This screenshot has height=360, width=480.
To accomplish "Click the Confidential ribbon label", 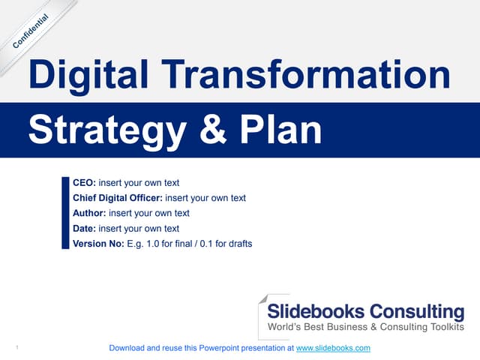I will (x=31, y=32).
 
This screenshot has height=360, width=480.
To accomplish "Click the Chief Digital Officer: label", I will (x=117, y=198).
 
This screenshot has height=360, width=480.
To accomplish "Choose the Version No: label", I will (x=97, y=244).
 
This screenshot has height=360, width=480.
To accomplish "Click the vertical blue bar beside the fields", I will (x=64, y=213).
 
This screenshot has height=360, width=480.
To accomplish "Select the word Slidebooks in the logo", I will (x=317, y=311).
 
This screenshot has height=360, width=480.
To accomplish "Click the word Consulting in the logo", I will (x=418, y=311).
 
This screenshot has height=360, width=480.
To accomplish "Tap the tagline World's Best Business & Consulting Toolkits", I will (x=366, y=327).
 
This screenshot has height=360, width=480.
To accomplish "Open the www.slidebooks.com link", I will (x=334, y=349).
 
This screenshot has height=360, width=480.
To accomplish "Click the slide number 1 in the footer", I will (x=16, y=348).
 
